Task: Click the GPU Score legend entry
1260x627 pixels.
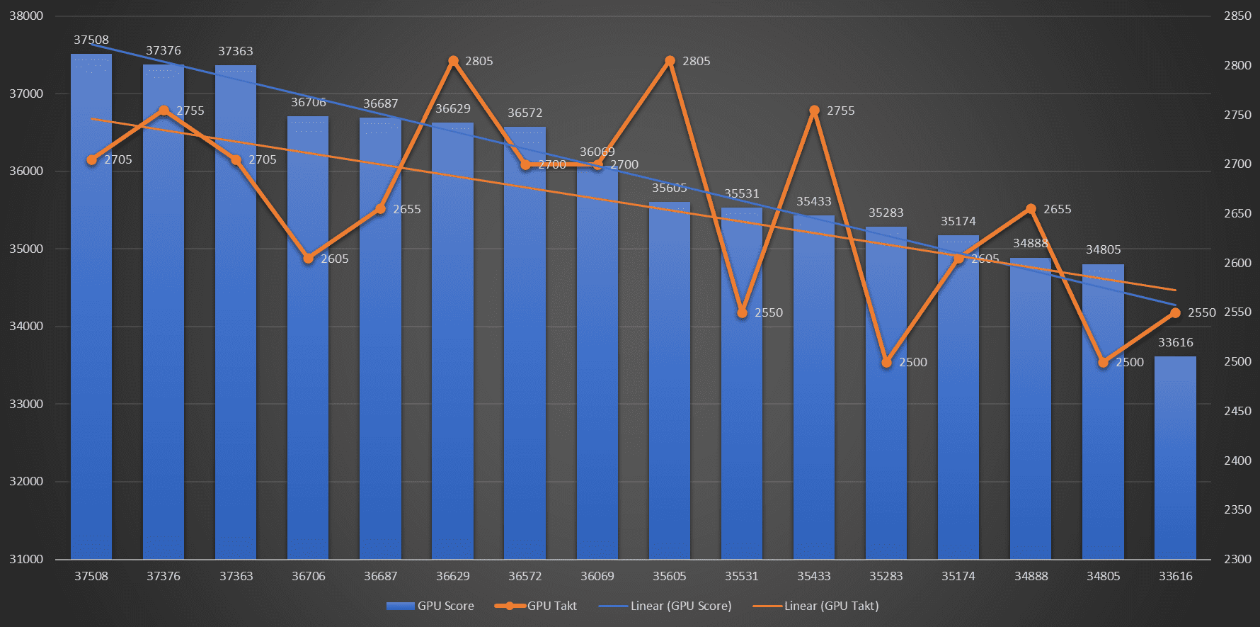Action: pyautogui.click(x=430, y=606)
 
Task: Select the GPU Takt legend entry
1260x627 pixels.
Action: pyautogui.click(x=536, y=606)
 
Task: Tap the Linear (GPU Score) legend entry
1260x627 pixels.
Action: pyautogui.click(x=665, y=606)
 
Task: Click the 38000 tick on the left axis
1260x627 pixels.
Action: pyautogui.click(x=26, y=16)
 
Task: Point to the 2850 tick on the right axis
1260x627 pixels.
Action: pyautogui.click(x=1237, y=16)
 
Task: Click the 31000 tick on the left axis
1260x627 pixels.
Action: pyautogui.click(x=26, y=559)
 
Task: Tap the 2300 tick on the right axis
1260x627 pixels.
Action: pyautogui.click(x=1237, y=559)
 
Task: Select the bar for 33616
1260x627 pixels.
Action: pyautogui.click(x=1175, y=461)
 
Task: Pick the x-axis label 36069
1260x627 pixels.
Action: pyautogui.click(x=597, y=576)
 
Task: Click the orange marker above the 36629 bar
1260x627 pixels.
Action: pyautogui.click(x=453, y=61)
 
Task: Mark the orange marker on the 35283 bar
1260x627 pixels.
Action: pyautogui.click(x=886, y=362)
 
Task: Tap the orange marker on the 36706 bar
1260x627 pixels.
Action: pyautogui.click(x=308, y=259)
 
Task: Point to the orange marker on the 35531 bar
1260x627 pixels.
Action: pyautogui.click(x=742, y=312)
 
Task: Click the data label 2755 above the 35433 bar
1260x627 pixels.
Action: pyautogui.click(x=840, y=111)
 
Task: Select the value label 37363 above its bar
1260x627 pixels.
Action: pyautogui.click(x=236, y=51)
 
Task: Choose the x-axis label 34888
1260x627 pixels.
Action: pyautogui.click(x=1031, y=576)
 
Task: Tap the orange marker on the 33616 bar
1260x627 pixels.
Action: pyautogui.click(x=1175, y=312)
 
